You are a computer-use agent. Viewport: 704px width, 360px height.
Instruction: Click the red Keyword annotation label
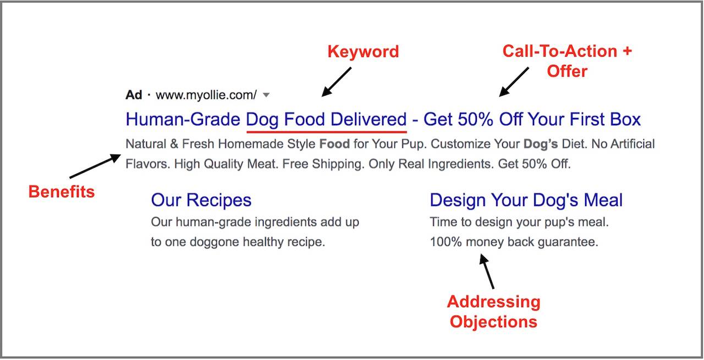tap(363, 51)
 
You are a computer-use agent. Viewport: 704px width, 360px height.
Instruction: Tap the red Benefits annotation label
tap(62, 191)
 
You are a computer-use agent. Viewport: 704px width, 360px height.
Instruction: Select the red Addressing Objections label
tap(493, 312)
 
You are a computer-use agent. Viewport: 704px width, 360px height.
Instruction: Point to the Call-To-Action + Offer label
tap(567, 61)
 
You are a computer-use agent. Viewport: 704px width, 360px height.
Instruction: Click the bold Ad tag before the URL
tap(134, 95)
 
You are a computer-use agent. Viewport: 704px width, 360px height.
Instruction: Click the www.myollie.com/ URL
tap(206, 95)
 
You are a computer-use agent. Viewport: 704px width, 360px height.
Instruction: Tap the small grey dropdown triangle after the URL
tap(266, 95)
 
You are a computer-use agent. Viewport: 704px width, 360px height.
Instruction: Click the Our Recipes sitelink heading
tap(201, 200)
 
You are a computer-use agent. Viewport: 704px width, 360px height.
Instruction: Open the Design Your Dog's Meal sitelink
tap(526, 200)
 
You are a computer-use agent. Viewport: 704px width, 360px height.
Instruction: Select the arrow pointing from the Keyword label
tap(336, 82)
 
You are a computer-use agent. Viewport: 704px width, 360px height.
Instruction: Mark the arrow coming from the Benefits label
tap(95, 166)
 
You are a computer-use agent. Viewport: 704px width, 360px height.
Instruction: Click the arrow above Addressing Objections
tap(487, 271)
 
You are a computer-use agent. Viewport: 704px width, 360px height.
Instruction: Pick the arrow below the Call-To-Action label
tap(514, 82)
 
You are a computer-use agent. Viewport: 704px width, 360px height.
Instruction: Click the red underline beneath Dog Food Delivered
tap(327, 131)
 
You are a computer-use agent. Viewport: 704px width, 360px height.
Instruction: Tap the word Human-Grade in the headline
tap(183, 119)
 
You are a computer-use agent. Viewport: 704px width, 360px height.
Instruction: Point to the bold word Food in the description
tap(334, 144)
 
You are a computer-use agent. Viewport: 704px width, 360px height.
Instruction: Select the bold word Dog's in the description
tap(541, 144)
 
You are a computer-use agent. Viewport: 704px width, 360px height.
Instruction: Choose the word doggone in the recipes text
tap(215, 242)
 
